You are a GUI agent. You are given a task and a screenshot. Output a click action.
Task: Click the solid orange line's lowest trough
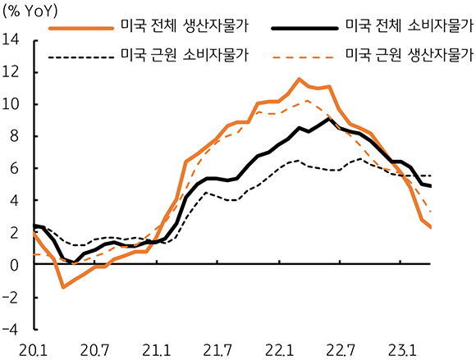pos(63,287)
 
